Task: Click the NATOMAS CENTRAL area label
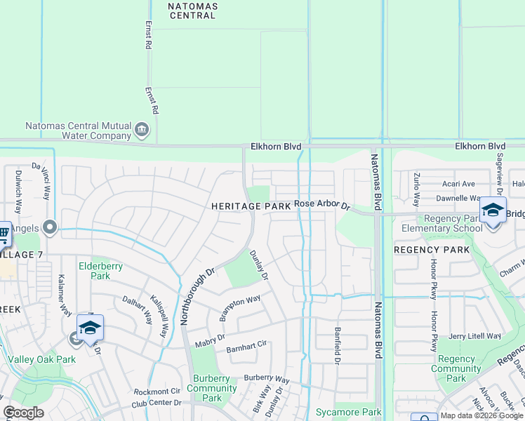click(193, 11)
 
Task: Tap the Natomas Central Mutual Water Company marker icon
click(142, 129)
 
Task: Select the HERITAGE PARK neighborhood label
click(251, 206)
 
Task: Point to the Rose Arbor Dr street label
click(321, 204)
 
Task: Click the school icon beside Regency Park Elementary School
click(493, 210)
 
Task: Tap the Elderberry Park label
click(105, 271)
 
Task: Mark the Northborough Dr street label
click(198, 295)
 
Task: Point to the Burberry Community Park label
click(212, 388)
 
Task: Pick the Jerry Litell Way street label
click(475, 336)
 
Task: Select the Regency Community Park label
click(456, 369)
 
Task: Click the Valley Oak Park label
click(41, 359)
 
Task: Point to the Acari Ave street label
click(458, 184)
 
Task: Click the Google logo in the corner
click(23, 413)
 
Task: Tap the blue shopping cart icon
click(3, 233)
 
